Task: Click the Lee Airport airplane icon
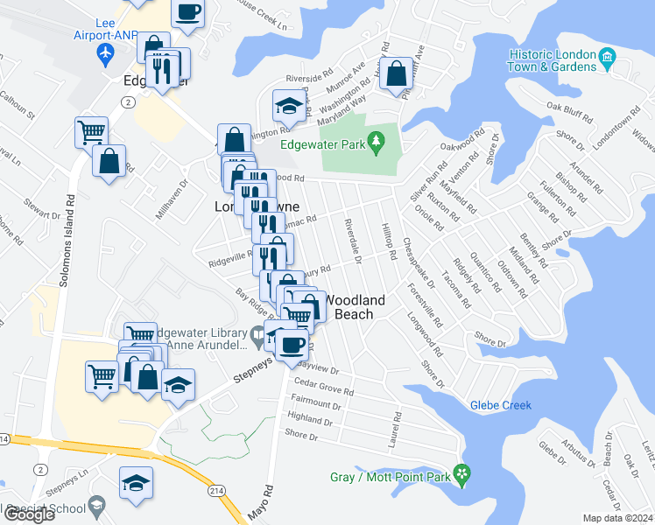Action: (x=107, y=54)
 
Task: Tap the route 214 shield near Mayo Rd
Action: (x=215, y=493)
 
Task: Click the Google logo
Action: (x=29, y=514)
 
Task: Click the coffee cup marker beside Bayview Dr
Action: (x=292, y=342)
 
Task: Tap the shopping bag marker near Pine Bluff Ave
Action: (x=396, y=73)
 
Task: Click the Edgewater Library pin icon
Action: (x=257, y=333)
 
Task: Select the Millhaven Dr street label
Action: (x=183, y=200)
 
